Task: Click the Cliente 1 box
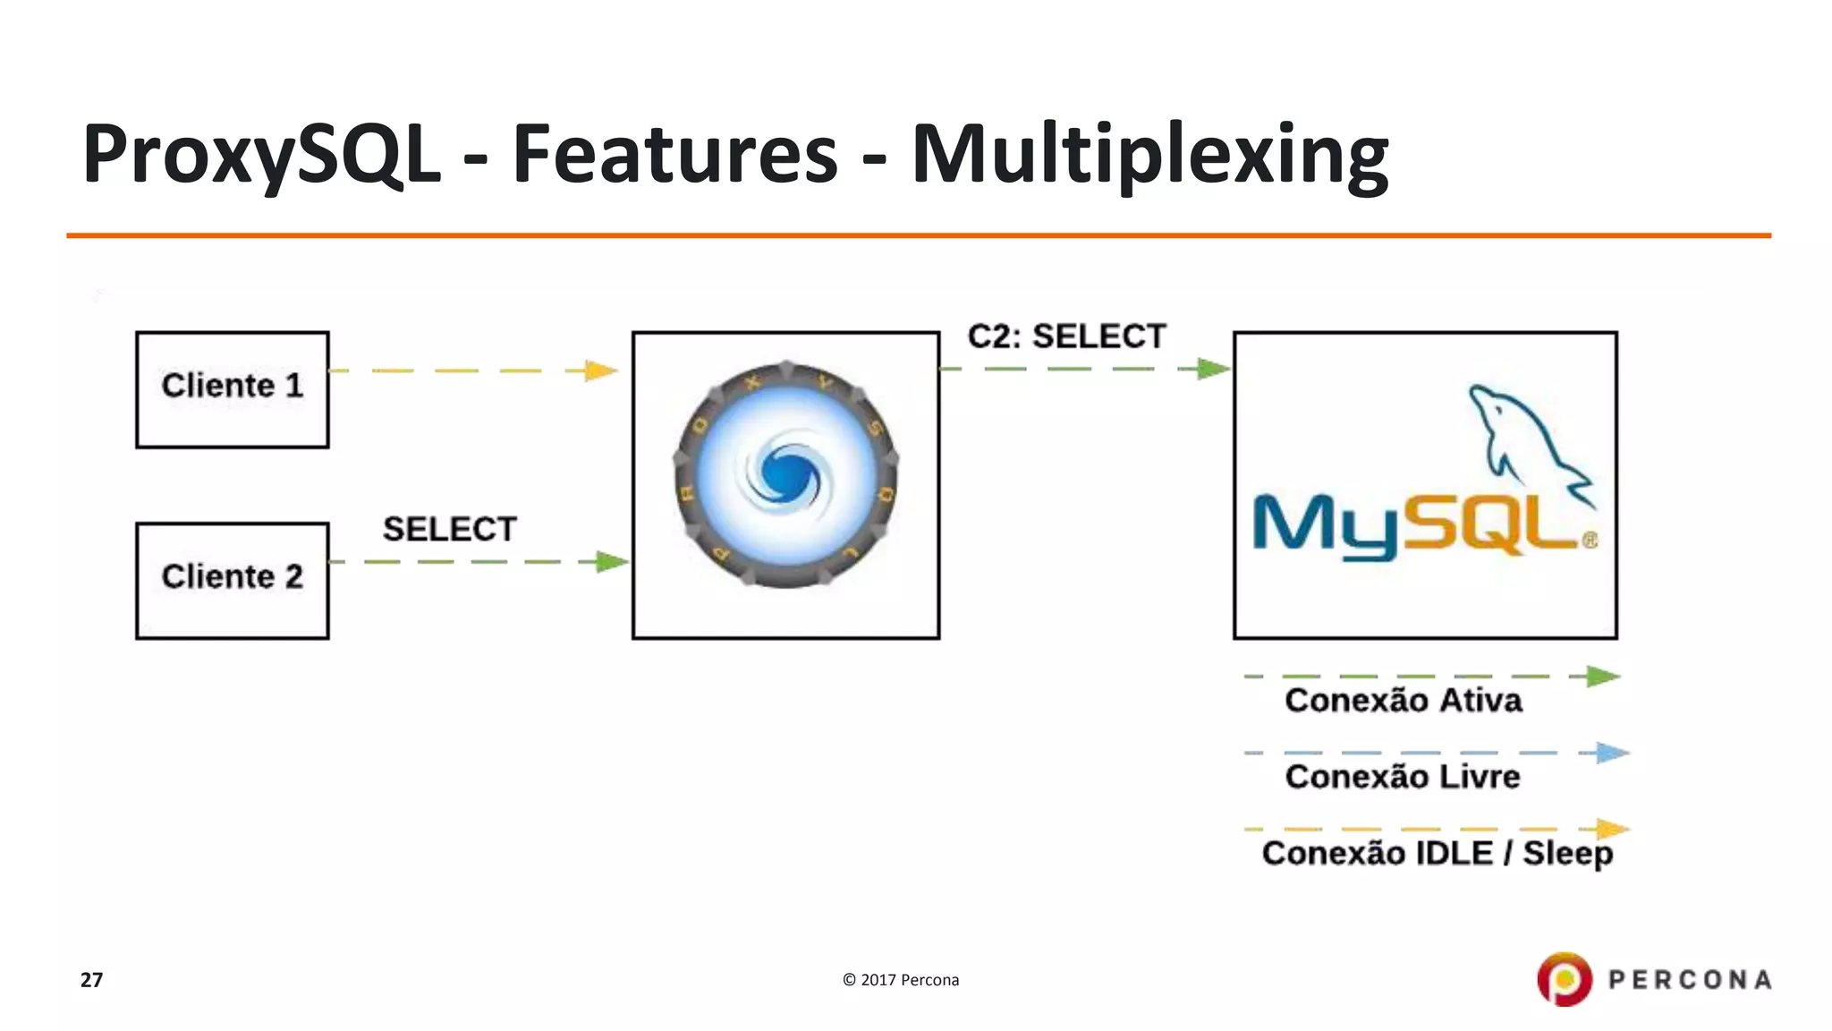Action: pos(232,389)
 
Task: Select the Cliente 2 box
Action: pos(232,580)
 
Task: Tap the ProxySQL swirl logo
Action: pos(786,474)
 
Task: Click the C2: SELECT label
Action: pos(1066,337)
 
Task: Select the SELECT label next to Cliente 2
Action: pos(449,529)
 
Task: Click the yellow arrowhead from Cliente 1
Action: pos(601,371)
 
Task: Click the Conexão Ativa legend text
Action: pos(1403,700)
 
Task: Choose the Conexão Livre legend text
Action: pos(1402,776)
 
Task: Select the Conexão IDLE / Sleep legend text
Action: pos(1437,853)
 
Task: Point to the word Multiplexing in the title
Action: pos(1149,154)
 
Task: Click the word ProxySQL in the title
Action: pos(261,154)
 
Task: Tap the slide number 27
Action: pos(91,980)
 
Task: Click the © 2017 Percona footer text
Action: pos(900,980)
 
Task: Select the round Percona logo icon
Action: pos(1564,979)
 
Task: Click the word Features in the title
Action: pos(674,154)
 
